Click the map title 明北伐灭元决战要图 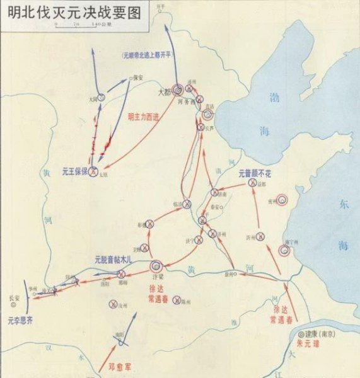tap(74, 13)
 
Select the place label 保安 tap(140, 79)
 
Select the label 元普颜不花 tap(254, 173)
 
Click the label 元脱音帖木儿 tap(112, 260)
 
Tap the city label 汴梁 tap(158, 276)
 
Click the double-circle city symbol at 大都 tap(178, 90)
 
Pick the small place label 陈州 tap(187, 302)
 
